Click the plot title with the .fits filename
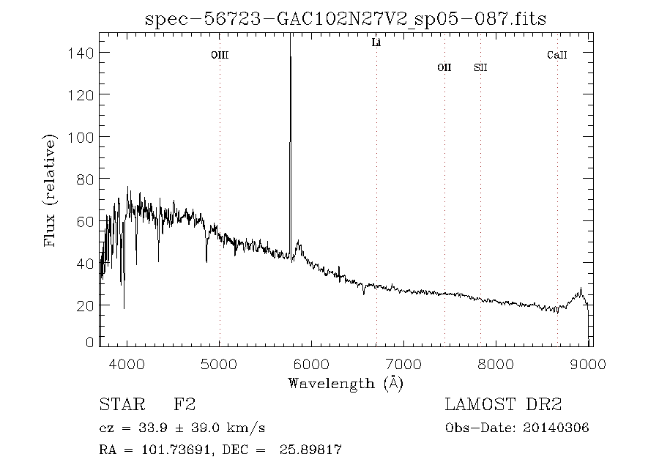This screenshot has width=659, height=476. point(346,18)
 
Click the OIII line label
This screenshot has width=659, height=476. point(220,55)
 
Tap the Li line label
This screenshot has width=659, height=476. point(376,43)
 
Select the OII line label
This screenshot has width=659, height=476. point(444,68)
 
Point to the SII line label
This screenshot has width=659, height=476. point(480,68)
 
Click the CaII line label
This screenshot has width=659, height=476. point(557,55)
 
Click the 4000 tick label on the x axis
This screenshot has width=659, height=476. point(127,364)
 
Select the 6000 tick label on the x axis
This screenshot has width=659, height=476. point(313,364)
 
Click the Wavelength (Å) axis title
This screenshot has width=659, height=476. point(346,383)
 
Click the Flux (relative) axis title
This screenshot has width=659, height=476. point(51,190)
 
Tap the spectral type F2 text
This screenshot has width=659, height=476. point(184,405)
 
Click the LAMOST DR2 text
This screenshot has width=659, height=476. point(503,405)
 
